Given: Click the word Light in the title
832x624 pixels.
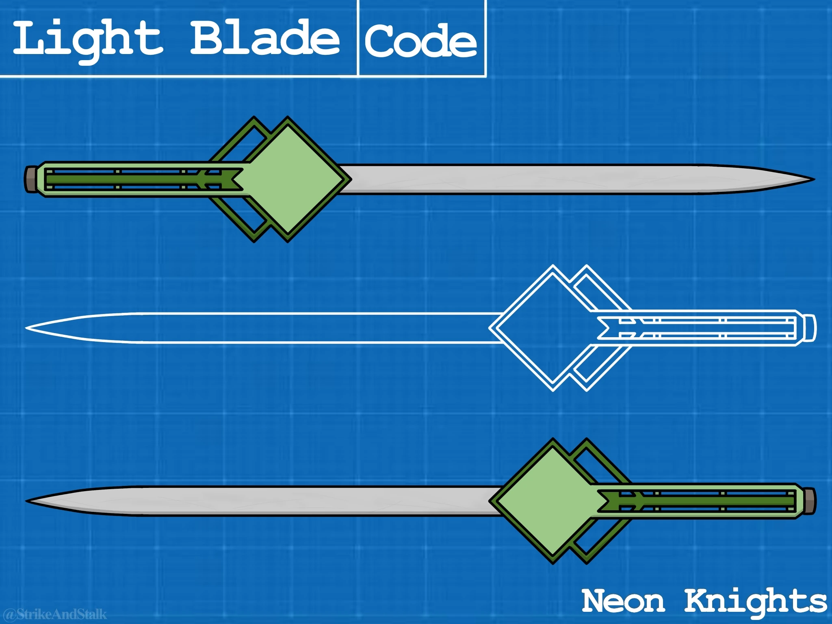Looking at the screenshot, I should coord(87,40).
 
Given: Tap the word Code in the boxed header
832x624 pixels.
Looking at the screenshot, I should coord(421,41).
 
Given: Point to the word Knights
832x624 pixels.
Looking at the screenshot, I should coord(756,601).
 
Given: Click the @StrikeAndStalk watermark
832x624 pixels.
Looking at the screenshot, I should coord(55,613).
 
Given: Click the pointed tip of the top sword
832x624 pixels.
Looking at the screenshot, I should coord(811,179).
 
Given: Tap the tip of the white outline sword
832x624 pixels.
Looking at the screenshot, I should coord(28,327).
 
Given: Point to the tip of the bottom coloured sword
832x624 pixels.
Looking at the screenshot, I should coord(28,501).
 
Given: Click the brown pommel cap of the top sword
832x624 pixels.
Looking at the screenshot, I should coord(30,179).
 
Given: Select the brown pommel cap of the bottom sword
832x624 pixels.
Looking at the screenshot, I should coord(810,501).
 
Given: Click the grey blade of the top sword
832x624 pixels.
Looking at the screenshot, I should coord(528,180).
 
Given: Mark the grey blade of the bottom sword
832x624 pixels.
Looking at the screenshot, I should coord(284,501).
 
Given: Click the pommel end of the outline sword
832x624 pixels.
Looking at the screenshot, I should coord(810,327).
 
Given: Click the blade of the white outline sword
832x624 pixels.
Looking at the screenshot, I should coord(284,327).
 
